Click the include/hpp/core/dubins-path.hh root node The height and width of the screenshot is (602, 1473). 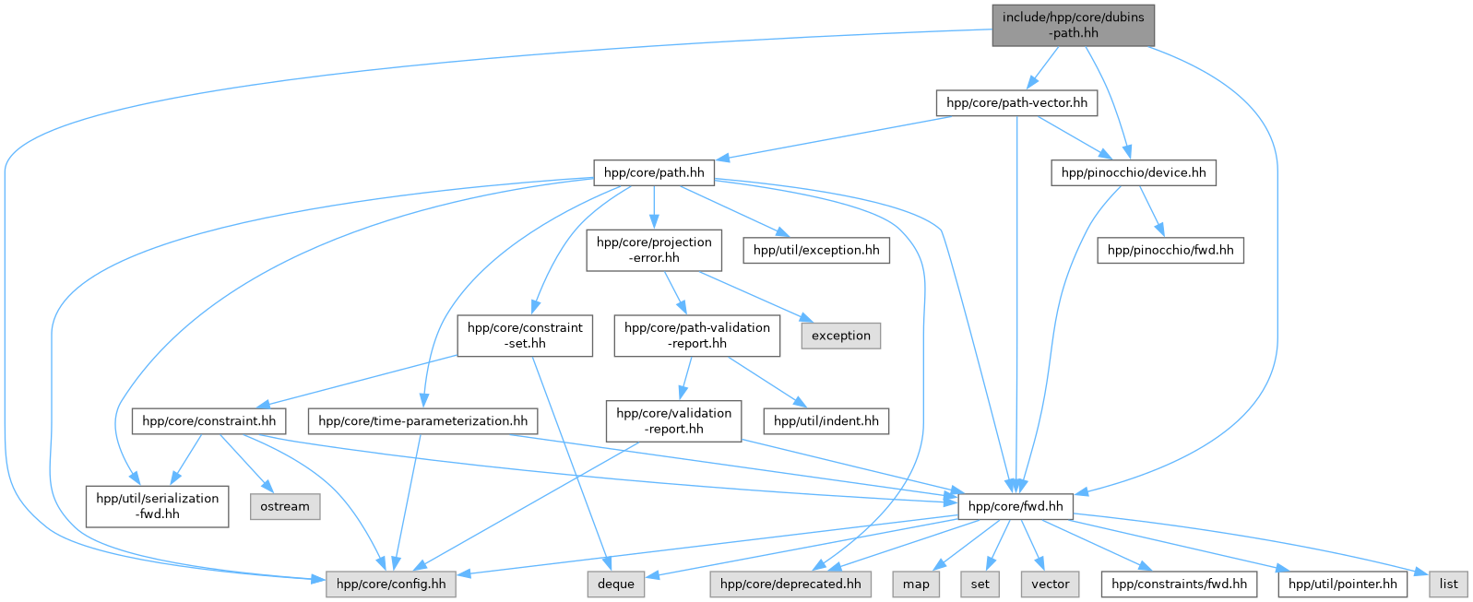[1073, 25]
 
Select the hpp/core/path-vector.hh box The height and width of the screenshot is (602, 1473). [1016, 102]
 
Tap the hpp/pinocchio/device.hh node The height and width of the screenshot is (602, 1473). [1133, 172]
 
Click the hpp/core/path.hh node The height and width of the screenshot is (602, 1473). [653, 172]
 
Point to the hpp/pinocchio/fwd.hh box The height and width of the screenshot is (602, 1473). [1170, 250]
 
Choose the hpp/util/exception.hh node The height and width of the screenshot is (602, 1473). [816, 250]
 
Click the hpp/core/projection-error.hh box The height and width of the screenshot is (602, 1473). [654, 250]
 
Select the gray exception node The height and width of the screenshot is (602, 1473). [840, 336]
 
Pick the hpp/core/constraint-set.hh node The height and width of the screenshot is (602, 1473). [525, 336]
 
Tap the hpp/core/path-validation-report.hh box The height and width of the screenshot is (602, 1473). [696, 336]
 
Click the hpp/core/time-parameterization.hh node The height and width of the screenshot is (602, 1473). [422, 421]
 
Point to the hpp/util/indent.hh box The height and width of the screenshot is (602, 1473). [826, 421]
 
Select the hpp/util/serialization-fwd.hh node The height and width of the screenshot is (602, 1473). [158, 506]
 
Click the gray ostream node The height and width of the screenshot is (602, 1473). [285, 506]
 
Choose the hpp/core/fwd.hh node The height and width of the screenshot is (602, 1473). [1016, 506]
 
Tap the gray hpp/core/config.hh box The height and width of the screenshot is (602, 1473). [391, 584]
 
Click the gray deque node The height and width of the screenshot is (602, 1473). [615, 584]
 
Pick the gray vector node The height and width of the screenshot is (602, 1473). [1050, 584]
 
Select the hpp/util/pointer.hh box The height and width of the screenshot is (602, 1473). [1342, 584]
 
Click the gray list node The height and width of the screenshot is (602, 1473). [1448, 584]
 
